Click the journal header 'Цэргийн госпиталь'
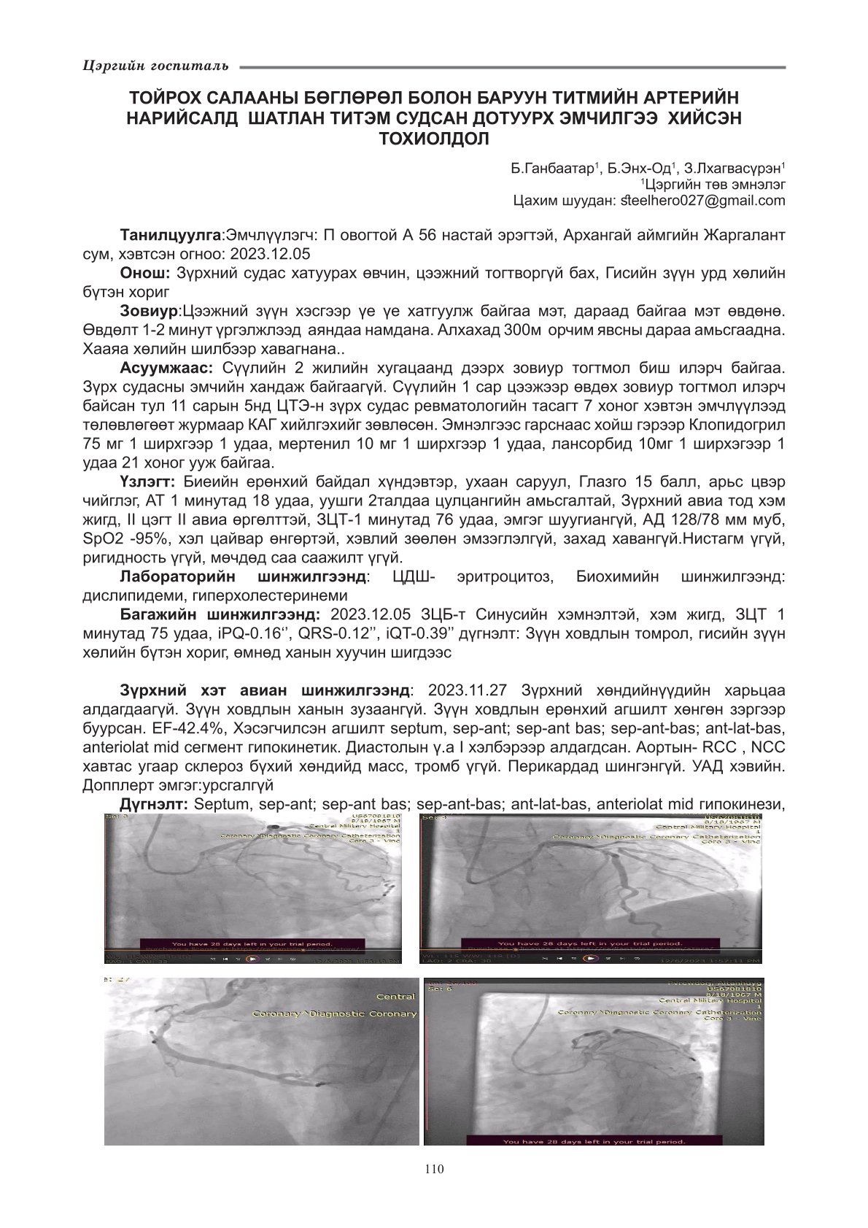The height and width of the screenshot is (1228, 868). (x=155, y=66)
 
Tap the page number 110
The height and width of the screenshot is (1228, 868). (x=433, y=1169)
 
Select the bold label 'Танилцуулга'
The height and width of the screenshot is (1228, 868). (x=170, y=236)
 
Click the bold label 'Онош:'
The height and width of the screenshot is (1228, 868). (x=144, y=272)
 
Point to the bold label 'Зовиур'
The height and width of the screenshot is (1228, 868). (x=149, y=312)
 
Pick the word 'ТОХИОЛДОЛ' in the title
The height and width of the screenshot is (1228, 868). (x=433, y=138)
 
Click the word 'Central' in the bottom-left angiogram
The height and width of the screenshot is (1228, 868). (x=395, y=997)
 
